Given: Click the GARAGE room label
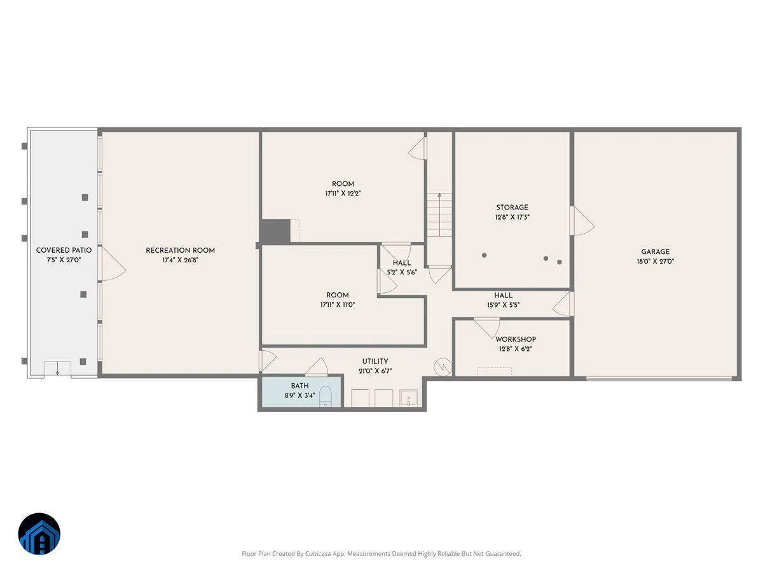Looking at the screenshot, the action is (655, 251).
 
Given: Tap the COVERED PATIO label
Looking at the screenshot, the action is (64, 250).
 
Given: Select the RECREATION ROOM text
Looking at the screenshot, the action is (180, 250).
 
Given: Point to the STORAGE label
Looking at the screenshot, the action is (512, 208).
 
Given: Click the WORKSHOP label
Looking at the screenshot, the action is (516, 339).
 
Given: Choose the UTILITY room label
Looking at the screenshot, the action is (375, 362).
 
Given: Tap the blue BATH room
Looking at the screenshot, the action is (301, 392).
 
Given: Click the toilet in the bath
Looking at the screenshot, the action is (326, 396).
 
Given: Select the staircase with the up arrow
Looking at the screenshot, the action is (439, 215).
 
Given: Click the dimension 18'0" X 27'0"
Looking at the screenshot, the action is (656, 261).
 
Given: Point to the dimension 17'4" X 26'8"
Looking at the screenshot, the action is (180, 260).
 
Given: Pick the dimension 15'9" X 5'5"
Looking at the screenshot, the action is (503, 305).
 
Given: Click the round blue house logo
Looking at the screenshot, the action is (39, 534).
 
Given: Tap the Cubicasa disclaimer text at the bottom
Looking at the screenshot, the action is (381, 553).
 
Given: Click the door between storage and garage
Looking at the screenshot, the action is (582, 221).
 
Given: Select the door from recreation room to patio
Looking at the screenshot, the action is (112, 264).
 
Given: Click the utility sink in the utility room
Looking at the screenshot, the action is (408, 398).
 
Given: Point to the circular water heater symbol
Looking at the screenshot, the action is (443, 367).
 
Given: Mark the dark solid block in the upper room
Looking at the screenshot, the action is (275, 230).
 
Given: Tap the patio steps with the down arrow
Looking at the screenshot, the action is (57, 369).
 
